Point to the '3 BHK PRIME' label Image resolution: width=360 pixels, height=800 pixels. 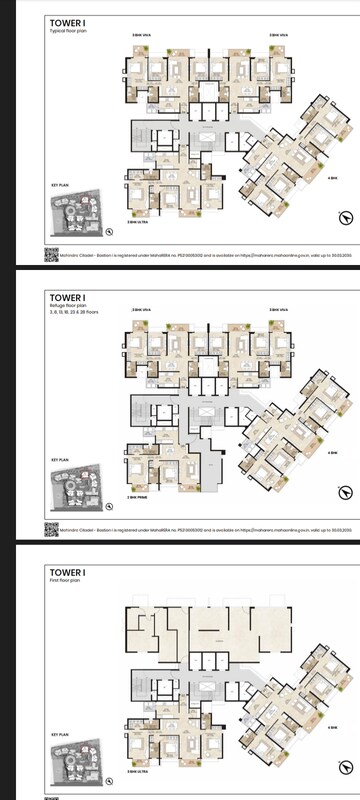137,496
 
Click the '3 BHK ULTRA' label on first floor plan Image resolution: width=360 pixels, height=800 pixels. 137,772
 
